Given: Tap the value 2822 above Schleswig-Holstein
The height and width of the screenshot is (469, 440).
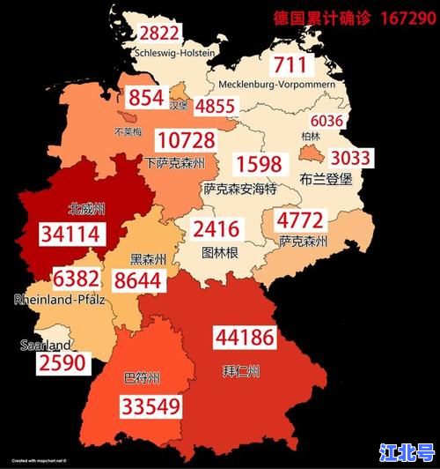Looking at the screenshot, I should [159, 34].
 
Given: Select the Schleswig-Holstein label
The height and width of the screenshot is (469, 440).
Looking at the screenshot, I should [175, 53].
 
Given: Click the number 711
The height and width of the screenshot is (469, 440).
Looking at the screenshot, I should [290, 64].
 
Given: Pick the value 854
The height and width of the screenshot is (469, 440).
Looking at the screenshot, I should [146, 98].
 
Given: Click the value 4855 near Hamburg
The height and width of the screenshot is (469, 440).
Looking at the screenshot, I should [216, 107].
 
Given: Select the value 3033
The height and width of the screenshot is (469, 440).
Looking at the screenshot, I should [351, 158].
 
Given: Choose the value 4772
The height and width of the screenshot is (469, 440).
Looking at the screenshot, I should [300, 220].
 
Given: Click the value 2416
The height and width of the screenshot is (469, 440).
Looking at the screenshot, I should [216, 231].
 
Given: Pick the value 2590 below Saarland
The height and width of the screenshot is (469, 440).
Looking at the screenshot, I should [61, 363].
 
